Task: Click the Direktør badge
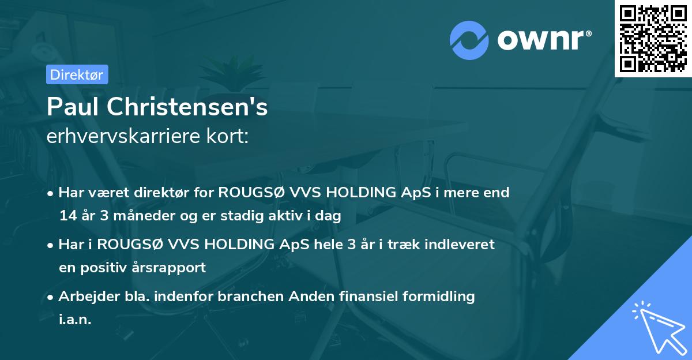click(x=77, y=74)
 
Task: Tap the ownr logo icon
click(x=469, y=40)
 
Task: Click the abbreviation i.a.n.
click(x=75, y=320)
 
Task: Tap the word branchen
click(x=245, y=297)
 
